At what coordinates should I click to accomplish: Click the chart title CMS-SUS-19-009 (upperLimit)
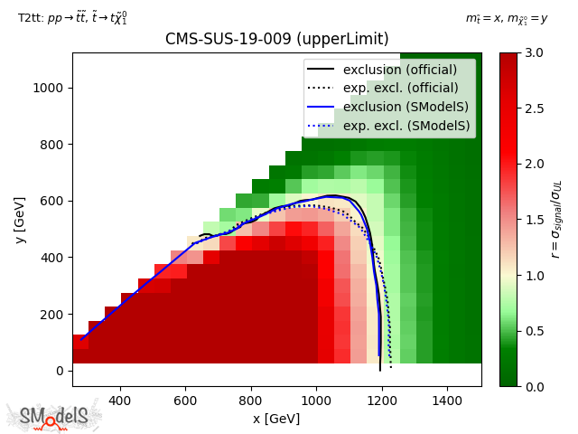(x=276, y=40)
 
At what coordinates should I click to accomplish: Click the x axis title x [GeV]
(x=276, y=419)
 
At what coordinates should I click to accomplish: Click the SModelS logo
(x=54, y=416)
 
